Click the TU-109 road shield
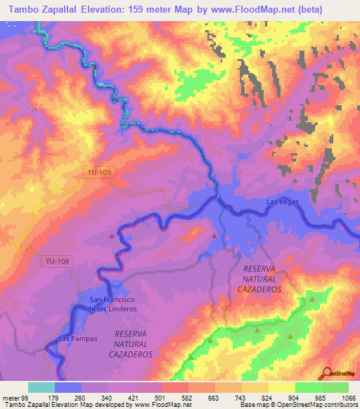click(x=98, y=171)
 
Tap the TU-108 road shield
click(x=57, y=261)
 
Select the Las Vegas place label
click(x=283, y=202)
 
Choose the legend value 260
click(x=81, y=396)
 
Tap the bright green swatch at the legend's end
click(x=335, y=387)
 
